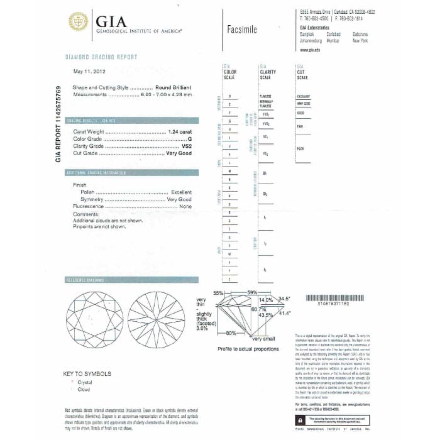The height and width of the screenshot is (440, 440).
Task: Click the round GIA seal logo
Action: point(79,21)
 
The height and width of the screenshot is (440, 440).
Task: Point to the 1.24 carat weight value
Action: point(180,132)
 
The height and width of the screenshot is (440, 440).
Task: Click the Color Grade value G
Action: point(189,139)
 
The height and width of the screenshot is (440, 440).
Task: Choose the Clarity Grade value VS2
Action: point(186,146)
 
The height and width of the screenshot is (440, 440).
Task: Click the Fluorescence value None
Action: point(185,206)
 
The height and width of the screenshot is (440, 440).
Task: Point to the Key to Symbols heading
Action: point(88,375)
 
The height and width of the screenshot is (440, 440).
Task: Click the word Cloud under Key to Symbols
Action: point(83,389)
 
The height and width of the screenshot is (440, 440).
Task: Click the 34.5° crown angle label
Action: point(284,299)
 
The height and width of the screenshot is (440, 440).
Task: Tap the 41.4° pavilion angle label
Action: point(284,312)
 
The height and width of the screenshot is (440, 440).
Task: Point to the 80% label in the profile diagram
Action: point(231,332)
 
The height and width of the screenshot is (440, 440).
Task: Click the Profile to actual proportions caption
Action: point(248,348)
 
